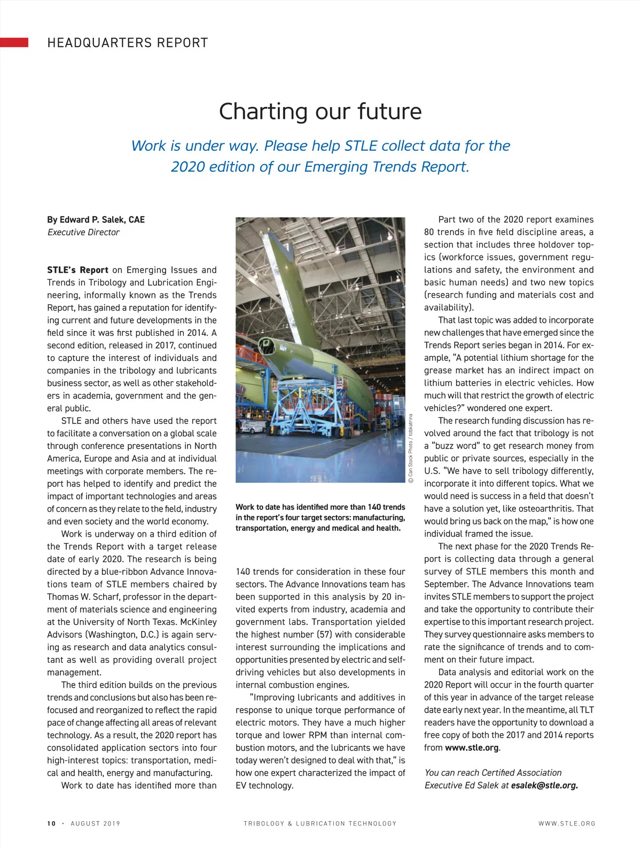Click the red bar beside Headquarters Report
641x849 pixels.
pos(14,43)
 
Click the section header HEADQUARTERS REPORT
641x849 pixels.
pos(128,43)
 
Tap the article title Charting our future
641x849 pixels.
pos(320,111)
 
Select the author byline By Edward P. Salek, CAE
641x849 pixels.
pos(96,220)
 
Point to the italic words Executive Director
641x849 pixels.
pos(83,233)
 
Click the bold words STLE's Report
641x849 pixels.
pos(77,270)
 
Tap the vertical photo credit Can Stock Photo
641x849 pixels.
pos(411,449)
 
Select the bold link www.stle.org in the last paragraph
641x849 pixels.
pos(472,747)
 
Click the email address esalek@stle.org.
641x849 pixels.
pos(544,785)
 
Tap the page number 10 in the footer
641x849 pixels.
pos(51,823)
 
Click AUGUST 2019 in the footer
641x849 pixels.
pos(96,823)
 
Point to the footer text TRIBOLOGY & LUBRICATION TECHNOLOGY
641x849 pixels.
pos(320,823)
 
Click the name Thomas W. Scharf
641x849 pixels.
pos(81,597)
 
